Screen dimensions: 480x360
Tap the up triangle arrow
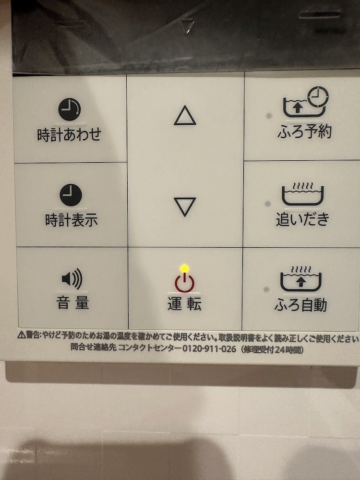click(185, 116)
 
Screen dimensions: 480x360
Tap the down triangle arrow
click(185, 206)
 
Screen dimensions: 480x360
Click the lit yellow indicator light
click(184, 268)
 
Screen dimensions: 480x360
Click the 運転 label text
click(184, 304)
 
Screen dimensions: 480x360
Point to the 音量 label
click(72, 303)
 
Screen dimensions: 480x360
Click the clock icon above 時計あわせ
click(70, 110)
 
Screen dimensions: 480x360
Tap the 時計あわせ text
click(70, 134)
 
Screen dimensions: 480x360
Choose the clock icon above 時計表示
click(71, 196)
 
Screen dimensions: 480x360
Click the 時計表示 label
click(72, 221)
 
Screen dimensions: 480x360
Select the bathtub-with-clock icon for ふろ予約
click(306, 102)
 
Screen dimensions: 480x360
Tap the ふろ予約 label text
click(304, 132)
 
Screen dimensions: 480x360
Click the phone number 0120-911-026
click(209, 349)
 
